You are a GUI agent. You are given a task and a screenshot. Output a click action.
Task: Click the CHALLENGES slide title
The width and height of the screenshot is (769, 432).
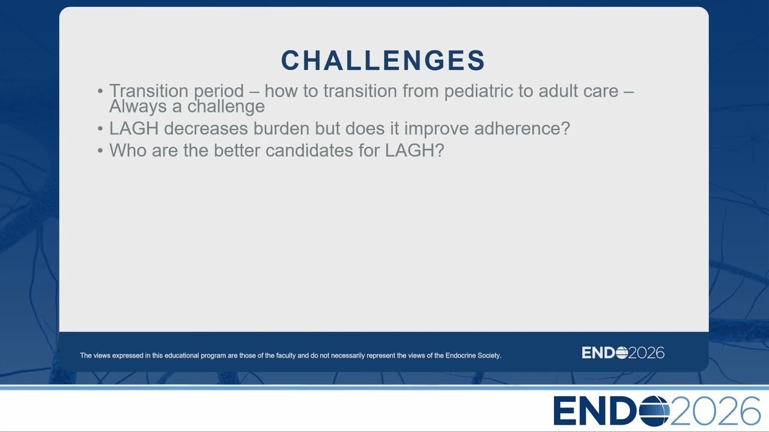pos(383,61)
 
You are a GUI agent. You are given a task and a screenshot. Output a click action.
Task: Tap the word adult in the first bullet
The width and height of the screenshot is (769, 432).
pos(558,91)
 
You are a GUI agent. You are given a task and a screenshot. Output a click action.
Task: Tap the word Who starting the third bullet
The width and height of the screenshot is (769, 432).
pos(128,151)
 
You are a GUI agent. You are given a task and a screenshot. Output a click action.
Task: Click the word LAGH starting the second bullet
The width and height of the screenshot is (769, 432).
pos(134,128)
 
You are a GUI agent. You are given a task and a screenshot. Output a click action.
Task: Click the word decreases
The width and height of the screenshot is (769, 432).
pos(206,128)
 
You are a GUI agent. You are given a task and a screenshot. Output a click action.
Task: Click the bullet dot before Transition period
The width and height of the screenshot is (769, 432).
pos(100,91)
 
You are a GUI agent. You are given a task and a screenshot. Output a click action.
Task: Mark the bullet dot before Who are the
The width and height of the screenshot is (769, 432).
pos(100,151)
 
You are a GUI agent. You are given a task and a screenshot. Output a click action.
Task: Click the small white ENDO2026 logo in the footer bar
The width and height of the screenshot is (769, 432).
pos(623,353)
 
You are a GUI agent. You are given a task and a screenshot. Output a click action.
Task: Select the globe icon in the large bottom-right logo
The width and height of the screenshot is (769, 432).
pos(654,411)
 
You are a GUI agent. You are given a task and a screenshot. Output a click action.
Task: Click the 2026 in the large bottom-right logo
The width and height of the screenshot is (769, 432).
pos(716,411)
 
